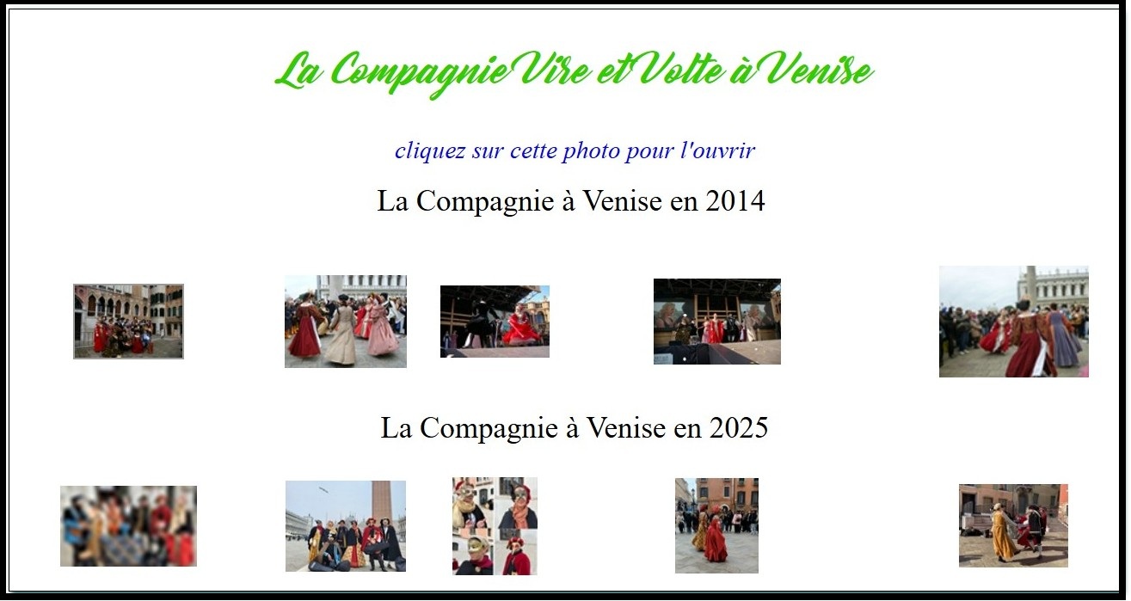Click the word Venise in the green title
coord(820,70)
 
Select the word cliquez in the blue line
coord(430,151)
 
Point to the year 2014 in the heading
coord(735,201)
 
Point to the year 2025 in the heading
coord(739,428)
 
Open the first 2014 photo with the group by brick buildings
coord(128,322)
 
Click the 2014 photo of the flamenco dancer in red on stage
coord(495,322)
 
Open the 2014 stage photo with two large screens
coord(717,322)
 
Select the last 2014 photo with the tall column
coord(1013,322)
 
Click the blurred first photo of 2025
coord(128,526)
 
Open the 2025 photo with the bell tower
coord(346,526)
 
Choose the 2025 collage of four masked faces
coord(495,526)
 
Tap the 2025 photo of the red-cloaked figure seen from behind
coord(716,526)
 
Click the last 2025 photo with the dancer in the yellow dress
coord(1013,526)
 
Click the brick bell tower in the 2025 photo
coord(381,502)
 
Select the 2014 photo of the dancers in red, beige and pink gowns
coord(346,322)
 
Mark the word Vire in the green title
coord(556,70)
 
